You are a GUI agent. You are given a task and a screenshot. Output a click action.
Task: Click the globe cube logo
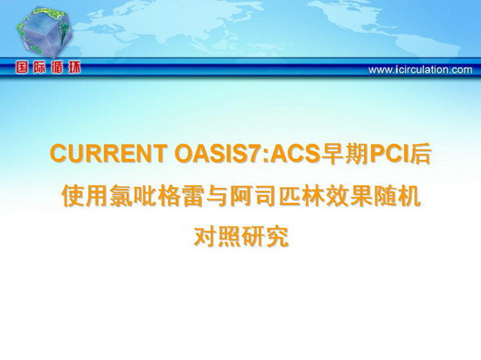(x=45, y=32)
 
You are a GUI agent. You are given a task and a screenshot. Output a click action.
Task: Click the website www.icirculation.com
(x=421, y=70)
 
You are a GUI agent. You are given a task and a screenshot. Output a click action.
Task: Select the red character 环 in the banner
(x=74, y=67)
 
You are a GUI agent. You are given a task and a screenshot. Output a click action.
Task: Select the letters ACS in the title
(x=295, y=154)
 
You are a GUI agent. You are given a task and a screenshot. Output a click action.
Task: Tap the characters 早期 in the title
(x=345, y=154)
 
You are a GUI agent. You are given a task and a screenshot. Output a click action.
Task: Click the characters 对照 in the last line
(x=217, y=236)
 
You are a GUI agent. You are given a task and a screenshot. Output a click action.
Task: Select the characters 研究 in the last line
(x=265, y=236)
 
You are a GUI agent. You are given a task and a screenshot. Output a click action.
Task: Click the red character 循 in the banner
(x=57, y=67)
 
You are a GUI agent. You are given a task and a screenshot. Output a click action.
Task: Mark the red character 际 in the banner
(x=39, y=67)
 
